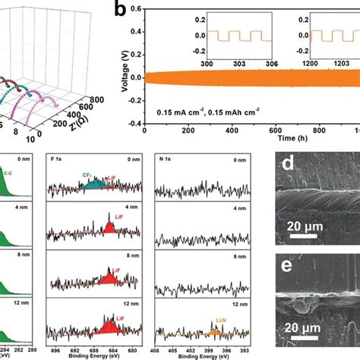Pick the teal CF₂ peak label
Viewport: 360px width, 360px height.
pos(88,174)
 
